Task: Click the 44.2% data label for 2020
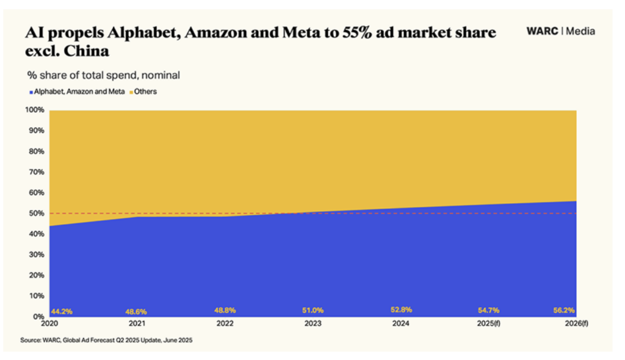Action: [x=62, y=311]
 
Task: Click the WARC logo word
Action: [x=543, y=31]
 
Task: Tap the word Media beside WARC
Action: [x=580, y=31]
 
